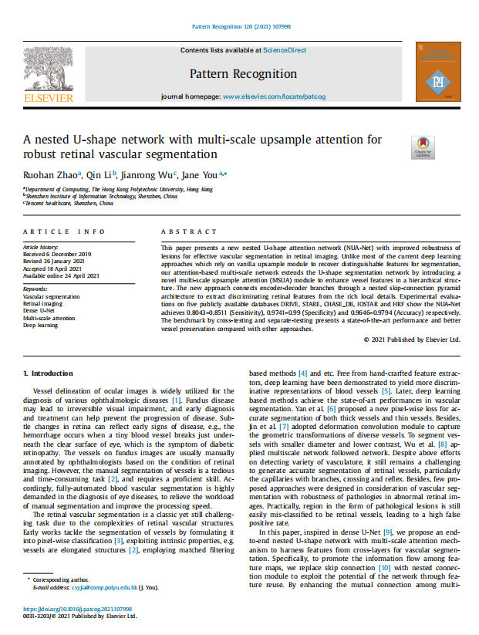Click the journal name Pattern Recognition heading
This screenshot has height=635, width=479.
(242, 74)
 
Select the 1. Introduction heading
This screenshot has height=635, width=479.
(50, 373)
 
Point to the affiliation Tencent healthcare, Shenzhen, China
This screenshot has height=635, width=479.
(69, 203)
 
